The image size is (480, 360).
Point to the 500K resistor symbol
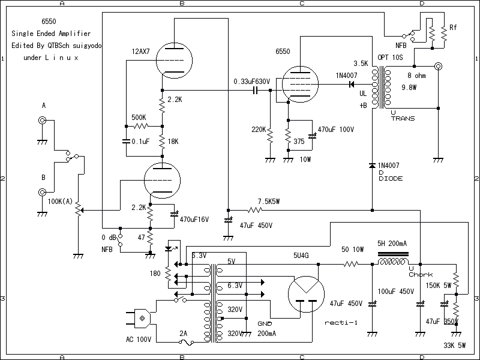(140, 127)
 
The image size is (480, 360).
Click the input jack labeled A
(43, 120)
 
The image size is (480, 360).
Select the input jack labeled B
(43, 193)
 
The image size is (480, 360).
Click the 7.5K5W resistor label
(268, 201)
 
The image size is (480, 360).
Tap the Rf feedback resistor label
(453, 28)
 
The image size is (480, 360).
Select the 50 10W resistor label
(353, 249)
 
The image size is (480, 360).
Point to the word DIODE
(391, 178)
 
